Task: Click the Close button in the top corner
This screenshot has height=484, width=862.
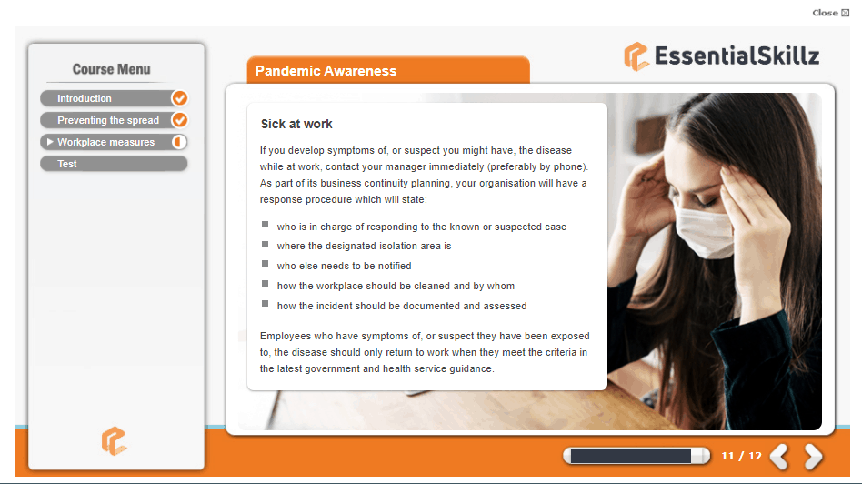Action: pyautogui.click(x=830, y=13)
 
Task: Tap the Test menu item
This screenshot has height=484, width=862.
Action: pyautogui.click(x=114, y=164)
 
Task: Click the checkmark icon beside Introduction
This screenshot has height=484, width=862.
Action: pyautogui.click(x=179, y=98)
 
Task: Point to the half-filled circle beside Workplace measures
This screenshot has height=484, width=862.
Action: pyautogui.click(x=179, y=142)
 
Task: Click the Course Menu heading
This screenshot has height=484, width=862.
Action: pyautogui.click(x=112, y=69)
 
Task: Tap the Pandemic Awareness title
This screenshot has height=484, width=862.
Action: pyautogui.click(x=326, y=71)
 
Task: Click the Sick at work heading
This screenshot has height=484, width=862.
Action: pyautogui.click(x=296, y=125)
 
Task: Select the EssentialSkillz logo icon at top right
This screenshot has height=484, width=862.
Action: pyautogui.click(x=636, y=56)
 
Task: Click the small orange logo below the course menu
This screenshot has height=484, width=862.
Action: pyautogui.click(x=114, y=441)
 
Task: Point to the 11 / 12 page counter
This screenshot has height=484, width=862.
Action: pyautogui.click(x=742, y=456)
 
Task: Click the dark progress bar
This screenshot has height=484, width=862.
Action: pyautogui.click(x=630, y=456)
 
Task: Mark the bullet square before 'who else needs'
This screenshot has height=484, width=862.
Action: pyautogui.click(x=265, y=264)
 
